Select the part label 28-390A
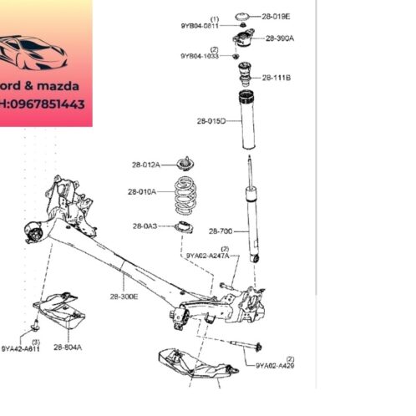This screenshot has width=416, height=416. click(280, 38)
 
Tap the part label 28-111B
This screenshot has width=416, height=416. click(276, 78)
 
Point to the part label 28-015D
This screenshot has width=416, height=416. click(211, 121)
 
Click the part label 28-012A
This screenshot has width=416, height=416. click(145, 164)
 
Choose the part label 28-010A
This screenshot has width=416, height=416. click(142, 192)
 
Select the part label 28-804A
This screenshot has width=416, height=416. click(68, 348)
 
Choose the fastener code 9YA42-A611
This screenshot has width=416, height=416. click(19, 349)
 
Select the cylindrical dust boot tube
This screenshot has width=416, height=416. click(248, 123)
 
